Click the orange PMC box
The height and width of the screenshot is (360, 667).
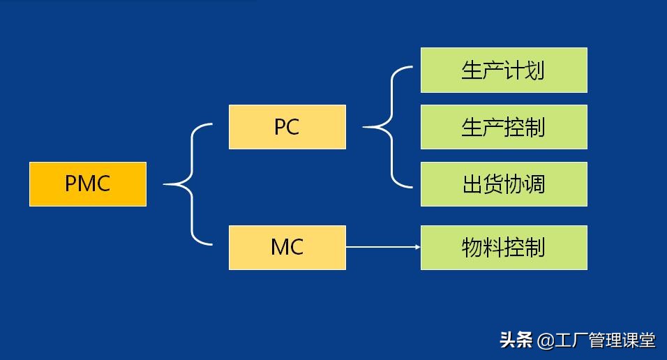coord(88,184)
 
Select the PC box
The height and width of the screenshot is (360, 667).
coord(287,127)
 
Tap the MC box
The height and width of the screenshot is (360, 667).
coord(287,248)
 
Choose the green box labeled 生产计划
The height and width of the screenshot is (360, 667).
coord(504,70)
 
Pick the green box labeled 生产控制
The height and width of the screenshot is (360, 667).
coord(504,127)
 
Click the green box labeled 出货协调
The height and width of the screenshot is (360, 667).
coord(504,184)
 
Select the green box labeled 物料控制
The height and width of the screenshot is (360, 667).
coord(504,248)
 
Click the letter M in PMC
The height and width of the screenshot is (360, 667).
coord(87,184)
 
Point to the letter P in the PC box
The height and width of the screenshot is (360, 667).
coord(280,127)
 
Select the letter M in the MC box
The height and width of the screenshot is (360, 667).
coord(279,248)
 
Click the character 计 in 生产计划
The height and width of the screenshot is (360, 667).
coord(514,70)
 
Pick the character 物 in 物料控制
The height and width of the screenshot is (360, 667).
coord(472,248)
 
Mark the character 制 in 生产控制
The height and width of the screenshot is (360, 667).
coord(534,127)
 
